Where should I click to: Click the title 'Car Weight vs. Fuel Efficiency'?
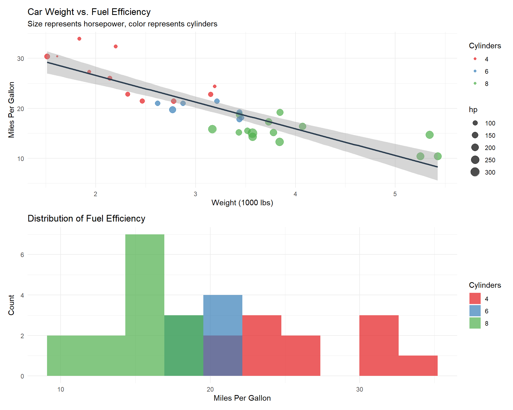coord(89,12)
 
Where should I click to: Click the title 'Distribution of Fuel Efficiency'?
coord(86,219)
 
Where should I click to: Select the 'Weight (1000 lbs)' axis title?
coord(242,203)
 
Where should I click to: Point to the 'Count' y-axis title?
coord(11,305)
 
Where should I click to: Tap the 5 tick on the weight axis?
coord(395,194)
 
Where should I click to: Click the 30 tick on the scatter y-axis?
coord(21,59)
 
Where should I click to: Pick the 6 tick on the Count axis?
coord(22,255)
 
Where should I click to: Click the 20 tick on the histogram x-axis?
coord(210,389)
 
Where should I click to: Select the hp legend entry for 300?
coord(475,172)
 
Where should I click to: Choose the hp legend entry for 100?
coord(475,123)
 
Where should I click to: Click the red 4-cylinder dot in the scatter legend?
coord(475,59)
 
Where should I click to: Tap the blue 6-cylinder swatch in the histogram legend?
coord(475,311)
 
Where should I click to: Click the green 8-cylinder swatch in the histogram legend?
coord(475,323)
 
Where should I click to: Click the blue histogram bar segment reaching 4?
coord(223,315)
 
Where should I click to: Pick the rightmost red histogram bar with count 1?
coord(418,366)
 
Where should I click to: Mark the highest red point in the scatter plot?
coord(79,39)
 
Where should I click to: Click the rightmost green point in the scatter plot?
coord(438,156)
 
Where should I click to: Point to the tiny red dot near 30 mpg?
coord(57,57)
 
